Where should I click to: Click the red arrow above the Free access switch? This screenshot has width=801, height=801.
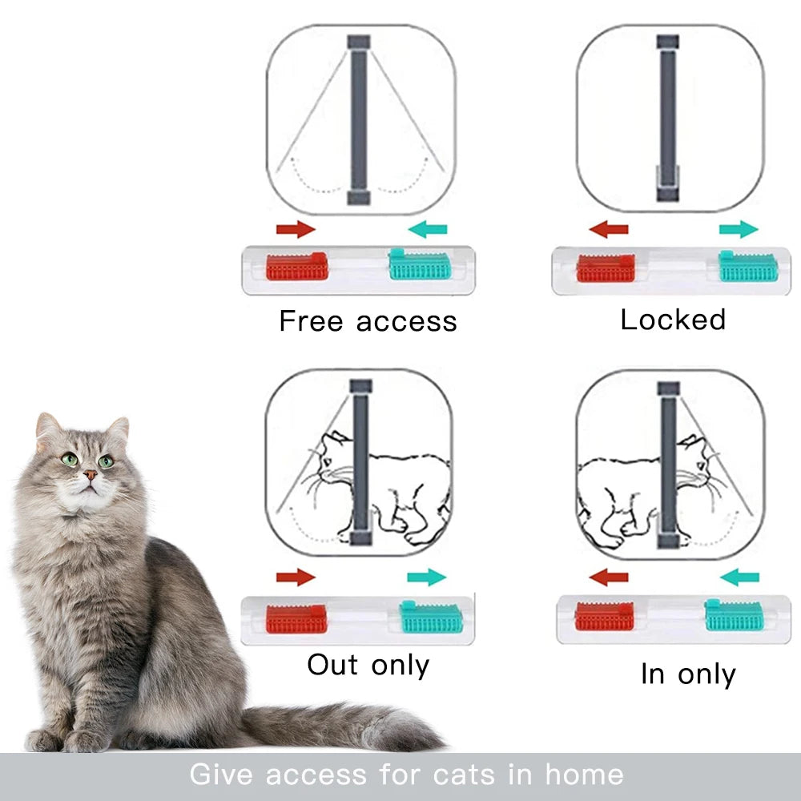(x=296, y=229)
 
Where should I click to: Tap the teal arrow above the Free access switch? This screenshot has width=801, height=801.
(x=428, y=229)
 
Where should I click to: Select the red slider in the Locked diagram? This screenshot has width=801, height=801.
(x=606, y=268)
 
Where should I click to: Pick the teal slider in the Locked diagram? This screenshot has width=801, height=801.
(x=748, y=266)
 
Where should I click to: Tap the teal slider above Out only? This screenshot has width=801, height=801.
(x=431, y=617)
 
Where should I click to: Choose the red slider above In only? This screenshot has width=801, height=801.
(x=604, y=616)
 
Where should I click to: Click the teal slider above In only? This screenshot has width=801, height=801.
(x=734, y=615)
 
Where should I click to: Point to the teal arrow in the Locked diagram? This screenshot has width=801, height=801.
(x=739, y=229)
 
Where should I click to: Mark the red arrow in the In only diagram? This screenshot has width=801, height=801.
(x=609, y=578)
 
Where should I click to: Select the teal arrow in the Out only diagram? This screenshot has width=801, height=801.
(x=427, y=578)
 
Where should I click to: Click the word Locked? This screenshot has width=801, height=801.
(x=673, y=320)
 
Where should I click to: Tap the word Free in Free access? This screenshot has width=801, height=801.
(x=311, y=321)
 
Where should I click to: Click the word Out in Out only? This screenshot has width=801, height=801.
(x=332, y=665)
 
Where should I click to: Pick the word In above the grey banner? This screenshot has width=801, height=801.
(x=652, y=674)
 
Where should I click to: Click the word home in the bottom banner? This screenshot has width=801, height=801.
(x=584, y=774)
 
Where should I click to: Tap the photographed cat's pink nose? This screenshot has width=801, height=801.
(x=90, y=475)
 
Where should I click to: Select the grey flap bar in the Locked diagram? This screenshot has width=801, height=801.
(x=668, y=118)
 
